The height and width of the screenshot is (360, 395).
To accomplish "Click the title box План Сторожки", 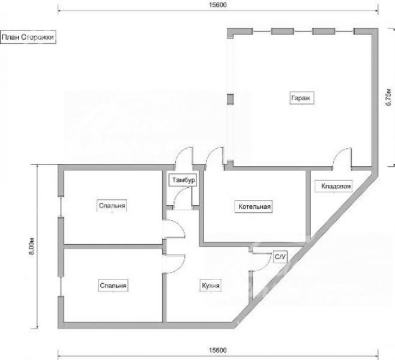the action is pyautogui.click(x=28, y=37).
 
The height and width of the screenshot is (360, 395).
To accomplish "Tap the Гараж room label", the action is pyautogui.click(x=302, y=98).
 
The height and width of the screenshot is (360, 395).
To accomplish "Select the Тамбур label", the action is pyautogui.click(x=182, y=180).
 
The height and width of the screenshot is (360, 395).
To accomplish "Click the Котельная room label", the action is pyautogui.click(x=253, y=206).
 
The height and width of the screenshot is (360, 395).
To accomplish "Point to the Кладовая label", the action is pyautogui.click(x=334, y=186).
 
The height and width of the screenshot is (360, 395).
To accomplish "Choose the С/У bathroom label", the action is pyautogui.click(x=280, y=257).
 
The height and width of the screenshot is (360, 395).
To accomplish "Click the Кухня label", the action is pyautogui.click(x=211, y=286).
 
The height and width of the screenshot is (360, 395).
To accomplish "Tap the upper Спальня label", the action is pyautogui.click(x=112, y=206).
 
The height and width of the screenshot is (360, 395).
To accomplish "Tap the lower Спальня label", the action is pyautogui.click(x=113, y=286).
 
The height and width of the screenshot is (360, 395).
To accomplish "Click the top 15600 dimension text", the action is pyautogui.click(x=218, y=5).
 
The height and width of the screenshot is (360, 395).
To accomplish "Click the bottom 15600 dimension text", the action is pyautogui.click(x=218, y=350).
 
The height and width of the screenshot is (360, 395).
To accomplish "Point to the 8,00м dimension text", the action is pyautogui.click(x=32, y=246).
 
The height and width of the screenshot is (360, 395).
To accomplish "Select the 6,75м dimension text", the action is pyautogui.click(x=389, y=97).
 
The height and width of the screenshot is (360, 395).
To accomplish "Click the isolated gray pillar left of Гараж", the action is pyautogui.click(x=230, y=99).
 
